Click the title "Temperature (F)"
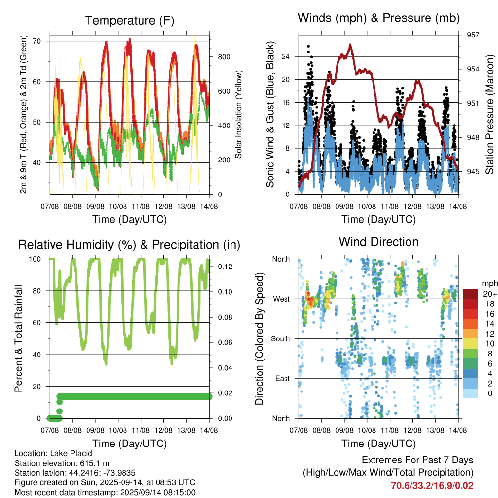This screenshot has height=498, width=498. [129, 20]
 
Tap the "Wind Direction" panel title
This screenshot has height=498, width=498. [378, 242]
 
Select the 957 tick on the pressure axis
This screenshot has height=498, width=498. [473, 35]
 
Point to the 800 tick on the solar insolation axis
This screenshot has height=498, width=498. [224, 57]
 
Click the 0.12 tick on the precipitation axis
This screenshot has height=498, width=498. [225, 267]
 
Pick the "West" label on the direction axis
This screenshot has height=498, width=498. [282, 299]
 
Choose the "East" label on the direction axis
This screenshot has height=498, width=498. [283, 379]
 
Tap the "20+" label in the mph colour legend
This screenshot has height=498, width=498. [490, 294]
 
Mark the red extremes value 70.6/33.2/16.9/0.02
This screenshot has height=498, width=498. [432, 486]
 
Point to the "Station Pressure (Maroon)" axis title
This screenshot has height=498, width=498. [489, 114]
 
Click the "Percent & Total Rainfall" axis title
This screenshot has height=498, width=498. [18, 338]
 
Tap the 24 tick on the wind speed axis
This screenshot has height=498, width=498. [285, 57]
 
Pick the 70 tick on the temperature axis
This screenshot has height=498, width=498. [37, 41]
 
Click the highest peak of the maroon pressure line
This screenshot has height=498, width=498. [350, 45]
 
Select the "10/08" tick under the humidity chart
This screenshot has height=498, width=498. [118, 431]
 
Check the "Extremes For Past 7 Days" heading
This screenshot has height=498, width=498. [418, 460]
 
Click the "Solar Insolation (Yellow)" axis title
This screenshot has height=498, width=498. [238, 114]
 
